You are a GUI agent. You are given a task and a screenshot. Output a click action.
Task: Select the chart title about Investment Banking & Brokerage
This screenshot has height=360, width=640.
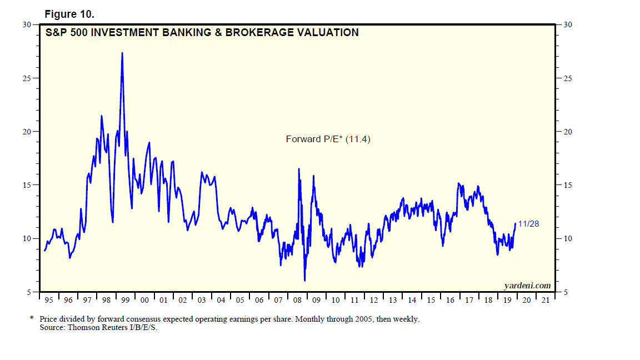[202, 33]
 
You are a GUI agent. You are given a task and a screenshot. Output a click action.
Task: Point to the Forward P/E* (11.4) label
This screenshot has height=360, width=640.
[328, 139]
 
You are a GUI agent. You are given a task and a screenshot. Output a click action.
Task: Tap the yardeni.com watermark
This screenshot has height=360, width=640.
[527, 286]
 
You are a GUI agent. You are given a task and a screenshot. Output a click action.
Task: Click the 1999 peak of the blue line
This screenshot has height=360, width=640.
[122, 53]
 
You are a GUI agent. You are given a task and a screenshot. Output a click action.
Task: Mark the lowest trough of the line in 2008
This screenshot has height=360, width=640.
[304, 280]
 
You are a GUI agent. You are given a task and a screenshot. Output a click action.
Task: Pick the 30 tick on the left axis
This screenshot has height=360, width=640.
[27, 24]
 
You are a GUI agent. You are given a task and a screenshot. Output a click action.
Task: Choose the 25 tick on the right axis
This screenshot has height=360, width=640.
[567, 78]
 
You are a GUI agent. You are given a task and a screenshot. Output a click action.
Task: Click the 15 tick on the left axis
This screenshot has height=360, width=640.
[27, 185]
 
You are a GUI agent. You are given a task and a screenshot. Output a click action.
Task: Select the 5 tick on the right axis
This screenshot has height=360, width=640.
[566, 292]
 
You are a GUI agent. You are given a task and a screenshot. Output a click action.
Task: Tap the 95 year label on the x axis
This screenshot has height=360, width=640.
[49, 301]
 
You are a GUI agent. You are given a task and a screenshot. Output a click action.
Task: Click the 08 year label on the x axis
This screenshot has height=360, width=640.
[297, 301]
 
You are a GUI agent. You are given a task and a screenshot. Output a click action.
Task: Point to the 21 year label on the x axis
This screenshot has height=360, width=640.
[546, 301]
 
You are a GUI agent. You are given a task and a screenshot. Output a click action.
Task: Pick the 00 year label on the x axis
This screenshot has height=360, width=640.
[144, 301]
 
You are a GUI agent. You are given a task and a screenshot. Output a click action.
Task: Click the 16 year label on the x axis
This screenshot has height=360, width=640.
[450, 301]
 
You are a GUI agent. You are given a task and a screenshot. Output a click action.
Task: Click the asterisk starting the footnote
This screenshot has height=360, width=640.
[32, 319]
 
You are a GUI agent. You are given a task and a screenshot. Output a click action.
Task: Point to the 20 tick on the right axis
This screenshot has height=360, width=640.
[567, 132]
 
